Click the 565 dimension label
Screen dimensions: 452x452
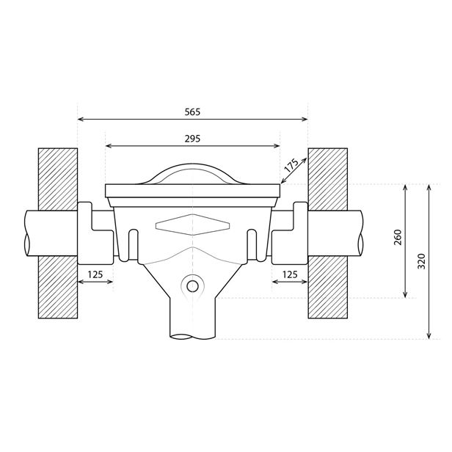pos(192,112)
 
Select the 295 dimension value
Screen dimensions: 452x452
pos(192,139)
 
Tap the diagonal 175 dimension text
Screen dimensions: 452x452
pos(291,166)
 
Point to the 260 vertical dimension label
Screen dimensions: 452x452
pos(398,237)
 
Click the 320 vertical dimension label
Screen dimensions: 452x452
pos(421,261)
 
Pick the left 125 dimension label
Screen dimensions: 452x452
pos(95,274)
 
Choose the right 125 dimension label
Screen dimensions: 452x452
pos(290,274)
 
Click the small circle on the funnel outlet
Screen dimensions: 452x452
pos(192,286)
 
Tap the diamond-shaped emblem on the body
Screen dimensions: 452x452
pos(192,225)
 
